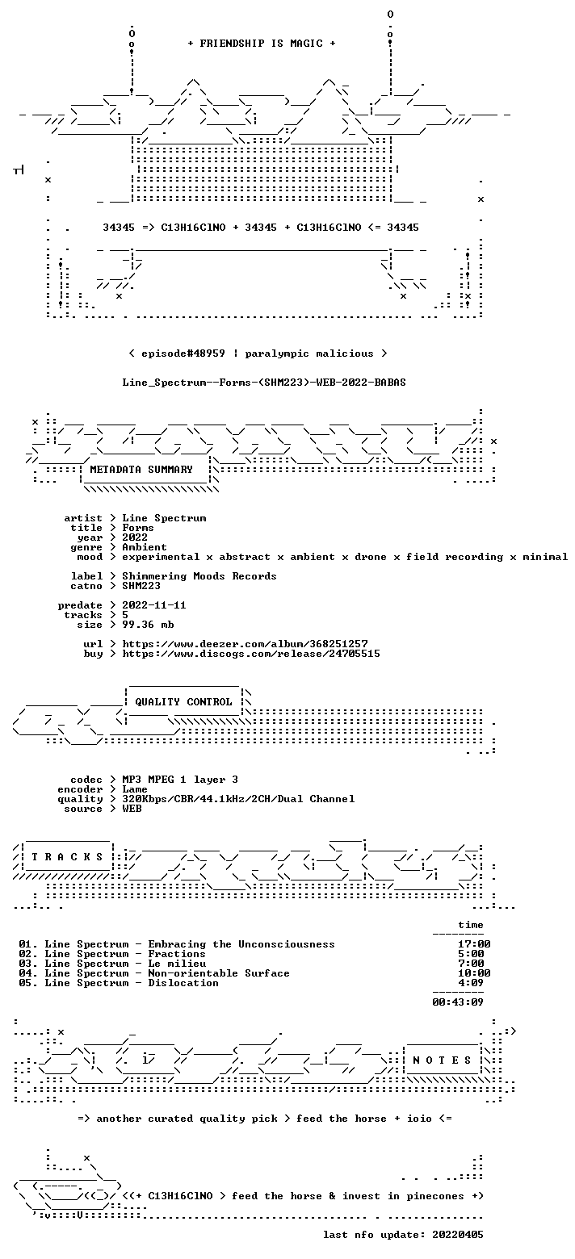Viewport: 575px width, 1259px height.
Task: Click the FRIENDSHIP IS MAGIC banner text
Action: [262, 44]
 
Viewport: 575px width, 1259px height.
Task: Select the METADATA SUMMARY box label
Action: [141, 470]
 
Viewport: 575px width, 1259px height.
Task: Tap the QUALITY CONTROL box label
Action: [183, 702]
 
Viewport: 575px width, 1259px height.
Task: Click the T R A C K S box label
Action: [68, 857]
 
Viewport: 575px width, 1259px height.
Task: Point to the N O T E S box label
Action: [442, 1060]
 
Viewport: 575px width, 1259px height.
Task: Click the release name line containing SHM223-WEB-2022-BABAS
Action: [264, 383]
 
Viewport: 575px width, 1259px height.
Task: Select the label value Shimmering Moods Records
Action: [199, 576]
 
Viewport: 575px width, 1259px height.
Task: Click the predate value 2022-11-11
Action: [154, 605]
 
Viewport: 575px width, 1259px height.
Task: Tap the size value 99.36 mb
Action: [148, 625]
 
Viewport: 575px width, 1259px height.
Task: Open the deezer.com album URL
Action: [245, 643]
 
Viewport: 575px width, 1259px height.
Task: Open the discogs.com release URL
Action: [251, 654]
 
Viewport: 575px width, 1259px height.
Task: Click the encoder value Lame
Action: [135, 789]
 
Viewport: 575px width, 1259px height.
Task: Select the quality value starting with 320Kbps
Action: [238, 799]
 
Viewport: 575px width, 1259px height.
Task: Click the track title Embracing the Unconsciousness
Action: [241, 944]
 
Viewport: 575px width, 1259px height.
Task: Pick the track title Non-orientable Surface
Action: [219, 973]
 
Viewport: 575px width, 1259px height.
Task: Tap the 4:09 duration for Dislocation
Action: [471, 983]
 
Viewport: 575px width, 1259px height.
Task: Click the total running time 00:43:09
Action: [458, 1002]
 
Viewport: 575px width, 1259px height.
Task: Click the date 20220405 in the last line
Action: [458, 1235]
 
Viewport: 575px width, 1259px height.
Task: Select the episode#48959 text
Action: [183, 353]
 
